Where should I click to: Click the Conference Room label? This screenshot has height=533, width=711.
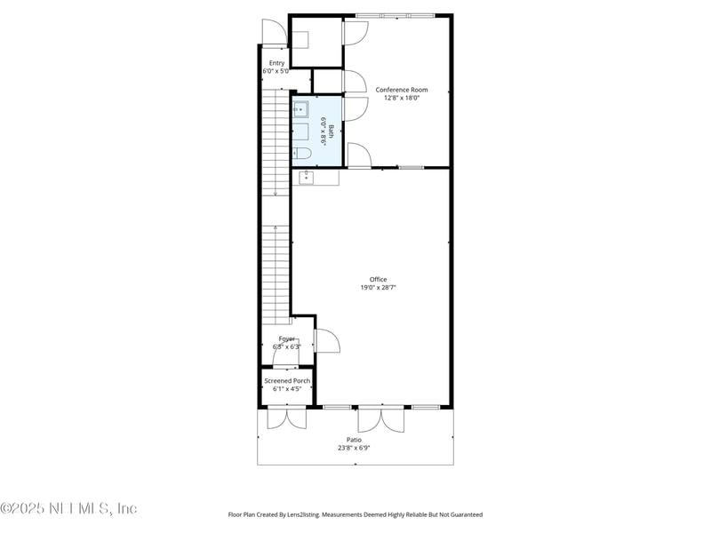[x=402, y=90]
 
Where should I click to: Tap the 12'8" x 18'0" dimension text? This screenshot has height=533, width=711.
[x=402, y=98]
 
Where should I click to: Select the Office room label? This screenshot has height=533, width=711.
[x=379, y=280]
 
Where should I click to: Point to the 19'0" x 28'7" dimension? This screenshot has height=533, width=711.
[x=379, y=288]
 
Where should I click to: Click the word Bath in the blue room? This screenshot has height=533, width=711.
[x=332, y=131]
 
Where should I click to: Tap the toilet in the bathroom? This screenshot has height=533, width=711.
[x=302, y=154]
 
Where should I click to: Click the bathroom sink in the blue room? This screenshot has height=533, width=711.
[x=301, y=110]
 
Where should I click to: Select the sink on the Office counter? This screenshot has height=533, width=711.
[x=306, y=178]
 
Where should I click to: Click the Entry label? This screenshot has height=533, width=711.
[x=276, y=63]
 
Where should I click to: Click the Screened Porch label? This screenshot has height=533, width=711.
[x=287, y=381]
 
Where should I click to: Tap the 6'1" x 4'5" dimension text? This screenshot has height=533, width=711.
[x=287, y=389]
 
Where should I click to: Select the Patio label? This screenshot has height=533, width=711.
[x=354, y=440]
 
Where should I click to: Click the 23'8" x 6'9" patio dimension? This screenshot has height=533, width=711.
[x=354, y=448]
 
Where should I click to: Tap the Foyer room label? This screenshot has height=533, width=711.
[x=287, y=338]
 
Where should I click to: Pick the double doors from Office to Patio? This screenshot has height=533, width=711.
[x=382, y=418]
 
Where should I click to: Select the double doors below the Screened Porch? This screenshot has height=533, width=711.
[x=287, y=418]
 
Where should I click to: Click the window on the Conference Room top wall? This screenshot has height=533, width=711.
[x=395, y=15]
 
